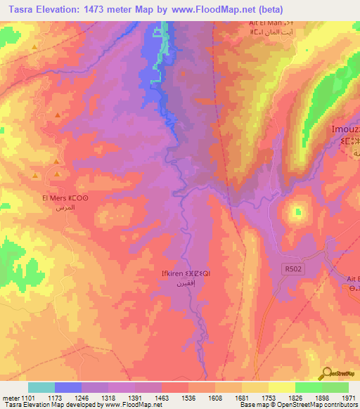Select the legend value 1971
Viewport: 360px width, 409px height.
tap(348, 398)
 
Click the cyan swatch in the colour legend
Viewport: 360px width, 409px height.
tap(41, 387)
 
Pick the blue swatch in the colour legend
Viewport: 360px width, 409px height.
tap(68, 387)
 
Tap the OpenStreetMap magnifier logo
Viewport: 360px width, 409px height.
tap(328, 373)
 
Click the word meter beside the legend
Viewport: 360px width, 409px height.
tap(13, 398)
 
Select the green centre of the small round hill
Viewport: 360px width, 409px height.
tap(295, 209)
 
